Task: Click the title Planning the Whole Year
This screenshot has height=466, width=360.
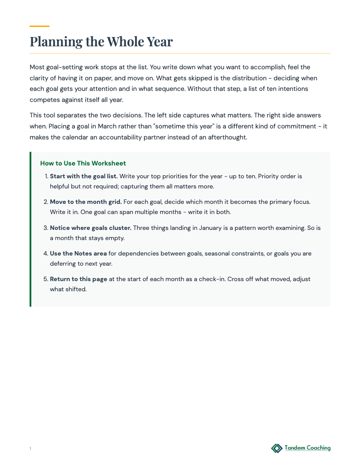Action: pyautogui.click(x=101, y=42)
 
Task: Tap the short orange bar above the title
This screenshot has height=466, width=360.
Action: pyautogui.click(x=39, y=26)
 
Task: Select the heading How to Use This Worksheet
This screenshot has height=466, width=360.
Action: pyautogui.click(x=83, y=163)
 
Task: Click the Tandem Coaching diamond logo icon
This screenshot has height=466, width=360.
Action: pyautogui.click(x=277, y=448)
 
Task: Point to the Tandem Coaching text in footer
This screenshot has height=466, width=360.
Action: pyautogui.click(x=307, y=448)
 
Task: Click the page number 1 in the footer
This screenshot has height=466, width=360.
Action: pyautogui.click(x=30, y=449)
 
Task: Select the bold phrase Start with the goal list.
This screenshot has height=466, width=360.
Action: pyautogui.click(x=84, y=176)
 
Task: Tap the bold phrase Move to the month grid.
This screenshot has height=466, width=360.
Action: pyautogui.click(x=86, y=202)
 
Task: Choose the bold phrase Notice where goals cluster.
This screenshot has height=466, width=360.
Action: pyautogui.click(x=90, y=228)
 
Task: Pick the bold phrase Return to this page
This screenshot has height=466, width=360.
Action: pyautogui.click(x=79, y=279)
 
